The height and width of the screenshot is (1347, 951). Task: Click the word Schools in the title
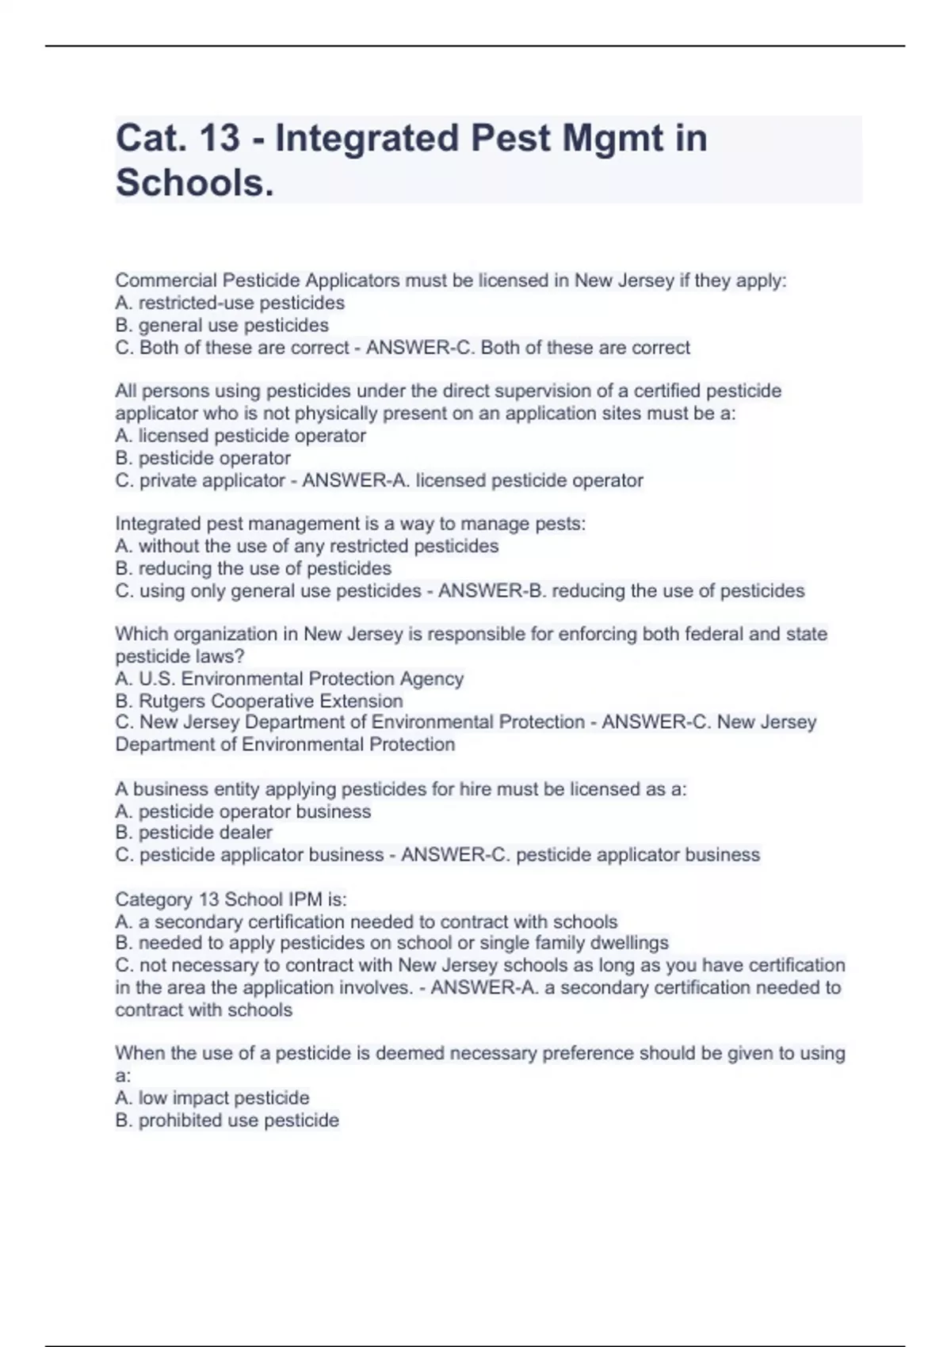[194, 183]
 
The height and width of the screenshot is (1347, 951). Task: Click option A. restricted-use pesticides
[230, 303]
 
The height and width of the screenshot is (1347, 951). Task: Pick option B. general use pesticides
[222, 325]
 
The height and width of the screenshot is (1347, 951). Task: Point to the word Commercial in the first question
[166, 280]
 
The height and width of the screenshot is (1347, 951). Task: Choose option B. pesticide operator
[203, 458]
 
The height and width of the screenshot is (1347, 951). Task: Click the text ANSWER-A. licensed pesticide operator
[472, 480]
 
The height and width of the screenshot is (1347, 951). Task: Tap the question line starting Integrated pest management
[350, 524]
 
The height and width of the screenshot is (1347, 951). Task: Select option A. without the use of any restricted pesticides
[307, 546]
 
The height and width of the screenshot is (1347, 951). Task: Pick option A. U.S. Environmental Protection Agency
[289, 678]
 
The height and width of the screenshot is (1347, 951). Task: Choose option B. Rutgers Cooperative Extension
[259, 700]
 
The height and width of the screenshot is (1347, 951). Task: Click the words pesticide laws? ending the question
[180, 656]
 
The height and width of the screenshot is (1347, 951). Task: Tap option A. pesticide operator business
[243, 811]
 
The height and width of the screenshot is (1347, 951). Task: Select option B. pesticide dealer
[193, 832]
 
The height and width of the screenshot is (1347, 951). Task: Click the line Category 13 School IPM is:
[231, 899]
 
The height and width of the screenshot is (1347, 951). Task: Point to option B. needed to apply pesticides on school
[391, 943]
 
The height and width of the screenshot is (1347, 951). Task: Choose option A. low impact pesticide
[212, 1097]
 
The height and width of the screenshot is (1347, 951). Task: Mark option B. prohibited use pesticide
[227, 1120]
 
